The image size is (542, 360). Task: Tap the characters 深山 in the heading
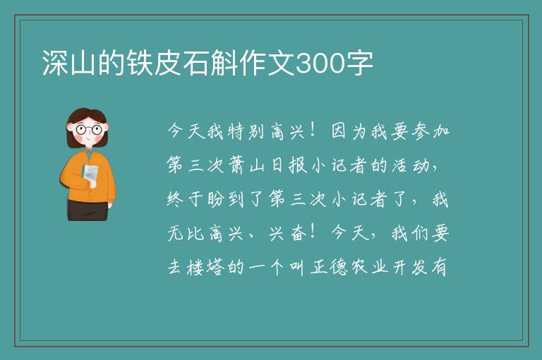(68, 63)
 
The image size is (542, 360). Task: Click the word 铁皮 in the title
(154, 63)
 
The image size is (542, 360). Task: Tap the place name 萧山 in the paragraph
(246, 165)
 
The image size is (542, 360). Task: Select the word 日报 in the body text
(288, 165)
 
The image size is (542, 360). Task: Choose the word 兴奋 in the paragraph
(288, 234)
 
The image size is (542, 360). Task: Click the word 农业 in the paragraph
(369, 267)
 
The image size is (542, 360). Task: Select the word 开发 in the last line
(410, 267)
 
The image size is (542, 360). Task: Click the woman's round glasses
(88, 130)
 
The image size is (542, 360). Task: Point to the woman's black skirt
(87, 210)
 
